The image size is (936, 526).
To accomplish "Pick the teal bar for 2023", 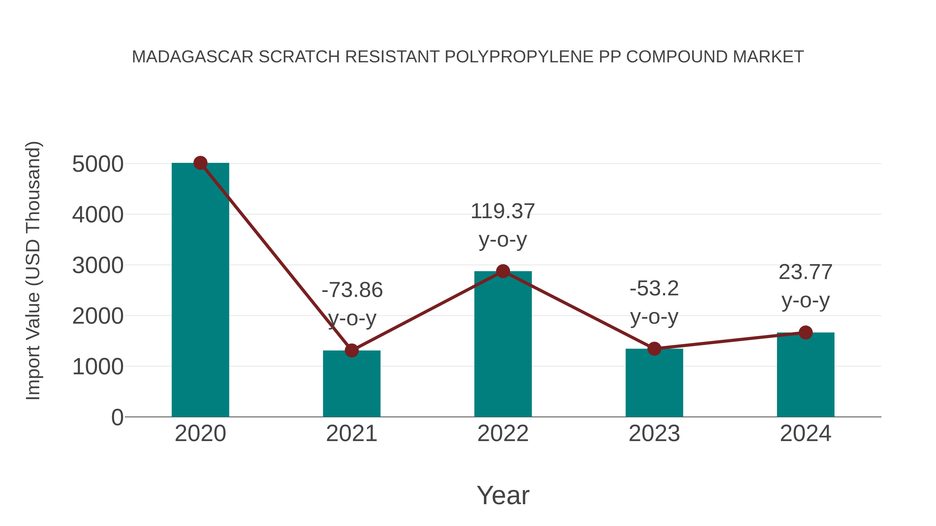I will click(654, 385).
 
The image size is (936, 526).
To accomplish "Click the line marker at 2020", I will click(200, 163).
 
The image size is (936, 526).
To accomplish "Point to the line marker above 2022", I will click(503, 271).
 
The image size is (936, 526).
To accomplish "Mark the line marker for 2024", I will click(805, 332).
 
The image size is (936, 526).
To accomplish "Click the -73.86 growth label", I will click(352, 290).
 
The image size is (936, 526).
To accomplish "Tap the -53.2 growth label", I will click(654, 289).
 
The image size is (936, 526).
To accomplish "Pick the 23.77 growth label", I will click(805, 272).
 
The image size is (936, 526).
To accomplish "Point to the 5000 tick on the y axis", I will click(98, 164).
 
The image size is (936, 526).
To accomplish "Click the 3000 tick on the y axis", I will click(98, 265).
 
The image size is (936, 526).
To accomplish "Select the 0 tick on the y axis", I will click(117, 417).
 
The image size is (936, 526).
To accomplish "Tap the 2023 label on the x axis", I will click(654, 434).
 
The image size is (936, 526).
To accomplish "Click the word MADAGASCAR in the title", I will click(193, 57).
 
